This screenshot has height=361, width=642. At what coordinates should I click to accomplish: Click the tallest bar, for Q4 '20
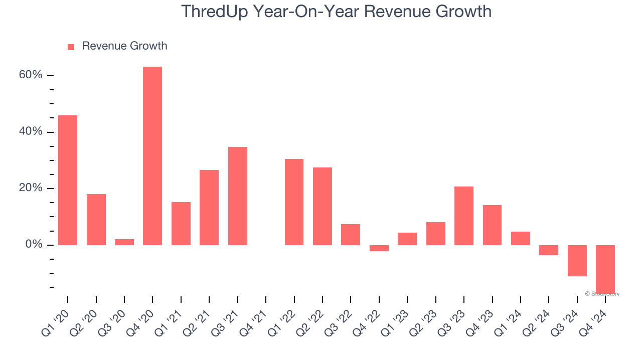[152, 155]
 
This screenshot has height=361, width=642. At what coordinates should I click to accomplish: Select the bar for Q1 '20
[68, 180]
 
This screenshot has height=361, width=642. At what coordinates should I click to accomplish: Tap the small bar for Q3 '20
[124, 242]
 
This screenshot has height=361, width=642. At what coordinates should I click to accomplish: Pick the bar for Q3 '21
[238, 196]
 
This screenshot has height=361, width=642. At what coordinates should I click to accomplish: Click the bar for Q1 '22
[294, 202]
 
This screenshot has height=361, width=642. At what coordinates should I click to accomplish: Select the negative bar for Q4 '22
[379, 248]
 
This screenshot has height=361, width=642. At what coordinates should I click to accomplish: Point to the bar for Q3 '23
[464, 216]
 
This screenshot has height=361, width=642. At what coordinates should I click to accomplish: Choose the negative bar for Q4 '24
[605, 269]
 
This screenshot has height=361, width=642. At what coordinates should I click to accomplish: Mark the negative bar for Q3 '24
[577, 261]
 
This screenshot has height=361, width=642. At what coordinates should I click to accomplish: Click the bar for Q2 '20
[96, 220]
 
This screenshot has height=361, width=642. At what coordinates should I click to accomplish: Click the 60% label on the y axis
[31, 75]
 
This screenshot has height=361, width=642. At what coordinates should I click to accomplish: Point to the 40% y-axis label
[31, 132]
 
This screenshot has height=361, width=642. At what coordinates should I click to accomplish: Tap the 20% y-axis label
[31, 188]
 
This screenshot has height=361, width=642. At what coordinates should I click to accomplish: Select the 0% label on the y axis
[34, 245]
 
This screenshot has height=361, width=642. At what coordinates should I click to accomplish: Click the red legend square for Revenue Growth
[71, 47]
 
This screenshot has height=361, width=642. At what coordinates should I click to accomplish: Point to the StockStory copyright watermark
[602, 294]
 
